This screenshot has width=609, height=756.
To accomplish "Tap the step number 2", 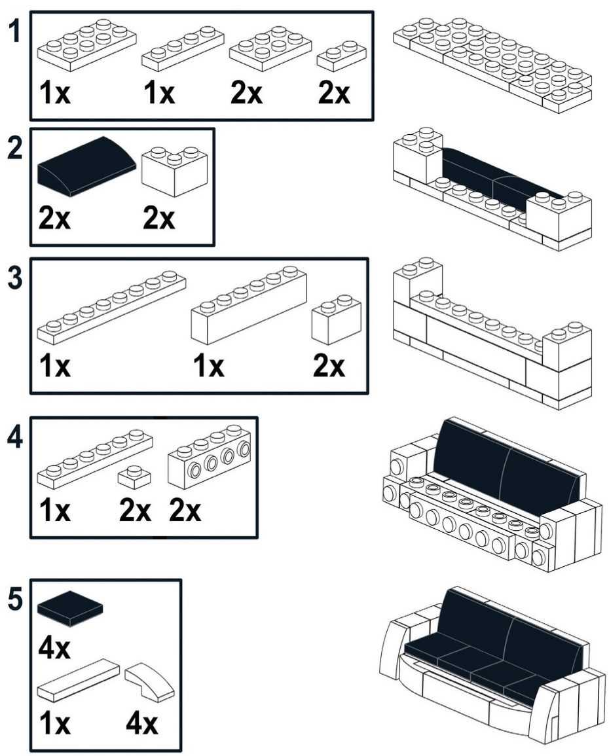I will [14, 149].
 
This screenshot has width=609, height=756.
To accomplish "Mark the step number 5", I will [14, 601].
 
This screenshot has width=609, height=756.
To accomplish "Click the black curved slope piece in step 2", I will [86, 165].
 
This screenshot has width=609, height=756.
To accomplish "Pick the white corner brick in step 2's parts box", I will [174, 170].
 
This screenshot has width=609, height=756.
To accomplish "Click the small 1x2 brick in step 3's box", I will [337, 318].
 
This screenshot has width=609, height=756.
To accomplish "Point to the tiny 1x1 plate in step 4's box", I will [134, 478].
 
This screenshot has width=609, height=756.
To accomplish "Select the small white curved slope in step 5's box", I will [149, 681].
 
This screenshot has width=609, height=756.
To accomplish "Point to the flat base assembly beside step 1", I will [492, 62].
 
